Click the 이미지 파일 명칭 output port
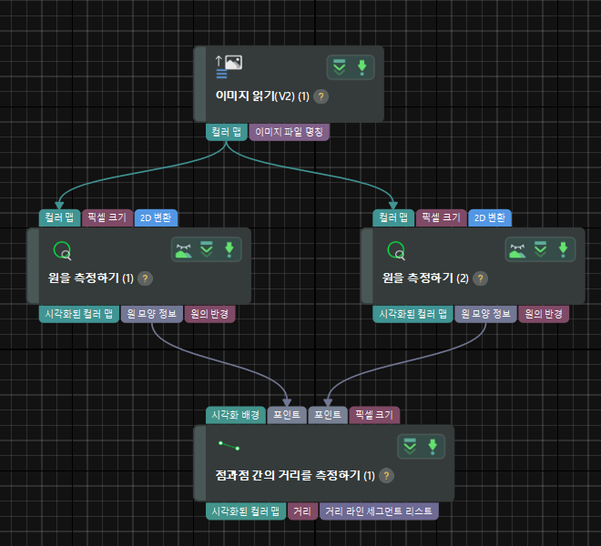coord(290,132)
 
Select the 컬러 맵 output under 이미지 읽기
coord(226,132)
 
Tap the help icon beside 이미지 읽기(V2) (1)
coord(321,96)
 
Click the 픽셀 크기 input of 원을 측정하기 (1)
coord(107,218)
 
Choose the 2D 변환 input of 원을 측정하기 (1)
coord(157,218)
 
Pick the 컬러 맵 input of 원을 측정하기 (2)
coord(392,218)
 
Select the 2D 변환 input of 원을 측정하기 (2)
coord(490,218)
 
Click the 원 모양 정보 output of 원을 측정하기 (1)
coord(151,314)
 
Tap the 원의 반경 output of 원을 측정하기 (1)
coord(210,314)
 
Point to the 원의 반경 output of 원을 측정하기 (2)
coord(544,314)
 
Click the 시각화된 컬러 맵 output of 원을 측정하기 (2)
coord(413,314)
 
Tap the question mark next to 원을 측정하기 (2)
coord(480,278)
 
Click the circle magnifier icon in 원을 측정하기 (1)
coord(62,250)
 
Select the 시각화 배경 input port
coord(236,415)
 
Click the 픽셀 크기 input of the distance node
coord(374,415)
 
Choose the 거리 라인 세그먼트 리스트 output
coord(379,512)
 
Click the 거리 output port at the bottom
coord(301,512)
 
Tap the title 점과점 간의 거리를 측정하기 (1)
coord(287,475)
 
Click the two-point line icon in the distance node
coord(229,446)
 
